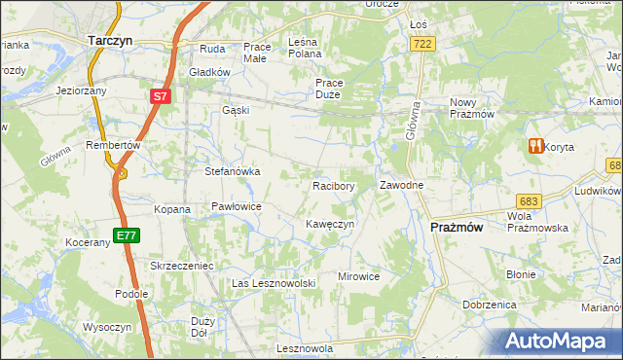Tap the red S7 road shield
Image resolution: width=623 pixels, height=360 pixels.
[x=161, y=96]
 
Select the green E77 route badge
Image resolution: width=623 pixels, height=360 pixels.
[x=125, y=234]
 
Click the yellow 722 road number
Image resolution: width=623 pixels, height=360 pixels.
[x=422, y=44]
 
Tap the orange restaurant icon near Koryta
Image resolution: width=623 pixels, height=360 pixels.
[x=534, y=147]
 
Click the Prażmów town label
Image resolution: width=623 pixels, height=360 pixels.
[x=457, y=227]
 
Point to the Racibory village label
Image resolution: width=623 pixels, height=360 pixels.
[x=332, y=185]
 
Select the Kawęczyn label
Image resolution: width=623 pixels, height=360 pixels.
[x=328, y=224]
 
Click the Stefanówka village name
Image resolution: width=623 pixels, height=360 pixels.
[x=232, y=171]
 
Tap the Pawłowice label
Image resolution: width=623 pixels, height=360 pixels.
[x=237, y=206]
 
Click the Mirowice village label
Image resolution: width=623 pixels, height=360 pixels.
[x=358, y=276]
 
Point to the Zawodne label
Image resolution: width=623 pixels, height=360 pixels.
[x=400, y=185]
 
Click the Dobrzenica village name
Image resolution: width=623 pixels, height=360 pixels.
[x=489, y=305]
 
